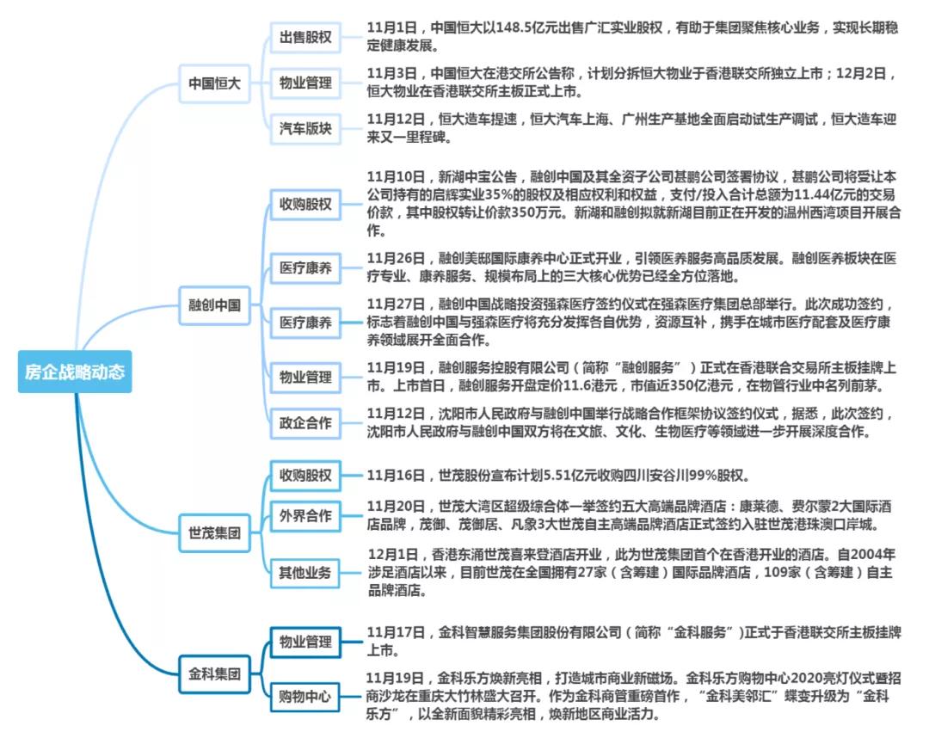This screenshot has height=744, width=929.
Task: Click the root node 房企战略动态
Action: pos(75,372)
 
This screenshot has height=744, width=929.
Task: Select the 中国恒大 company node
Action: pos(214,83)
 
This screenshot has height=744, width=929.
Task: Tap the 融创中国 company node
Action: pos(214,304)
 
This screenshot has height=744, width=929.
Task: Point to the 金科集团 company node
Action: pos(214,672)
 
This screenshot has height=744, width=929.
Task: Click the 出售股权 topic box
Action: pos(305,38)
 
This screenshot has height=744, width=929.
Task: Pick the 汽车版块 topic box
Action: pos(305,129)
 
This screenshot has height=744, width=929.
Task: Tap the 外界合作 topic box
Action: pos(305,516)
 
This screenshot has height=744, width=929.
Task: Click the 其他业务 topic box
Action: pos(305,573)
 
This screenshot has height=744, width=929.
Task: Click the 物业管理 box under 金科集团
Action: pos(305,642)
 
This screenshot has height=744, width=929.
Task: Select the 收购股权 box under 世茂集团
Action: pos(305,475)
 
